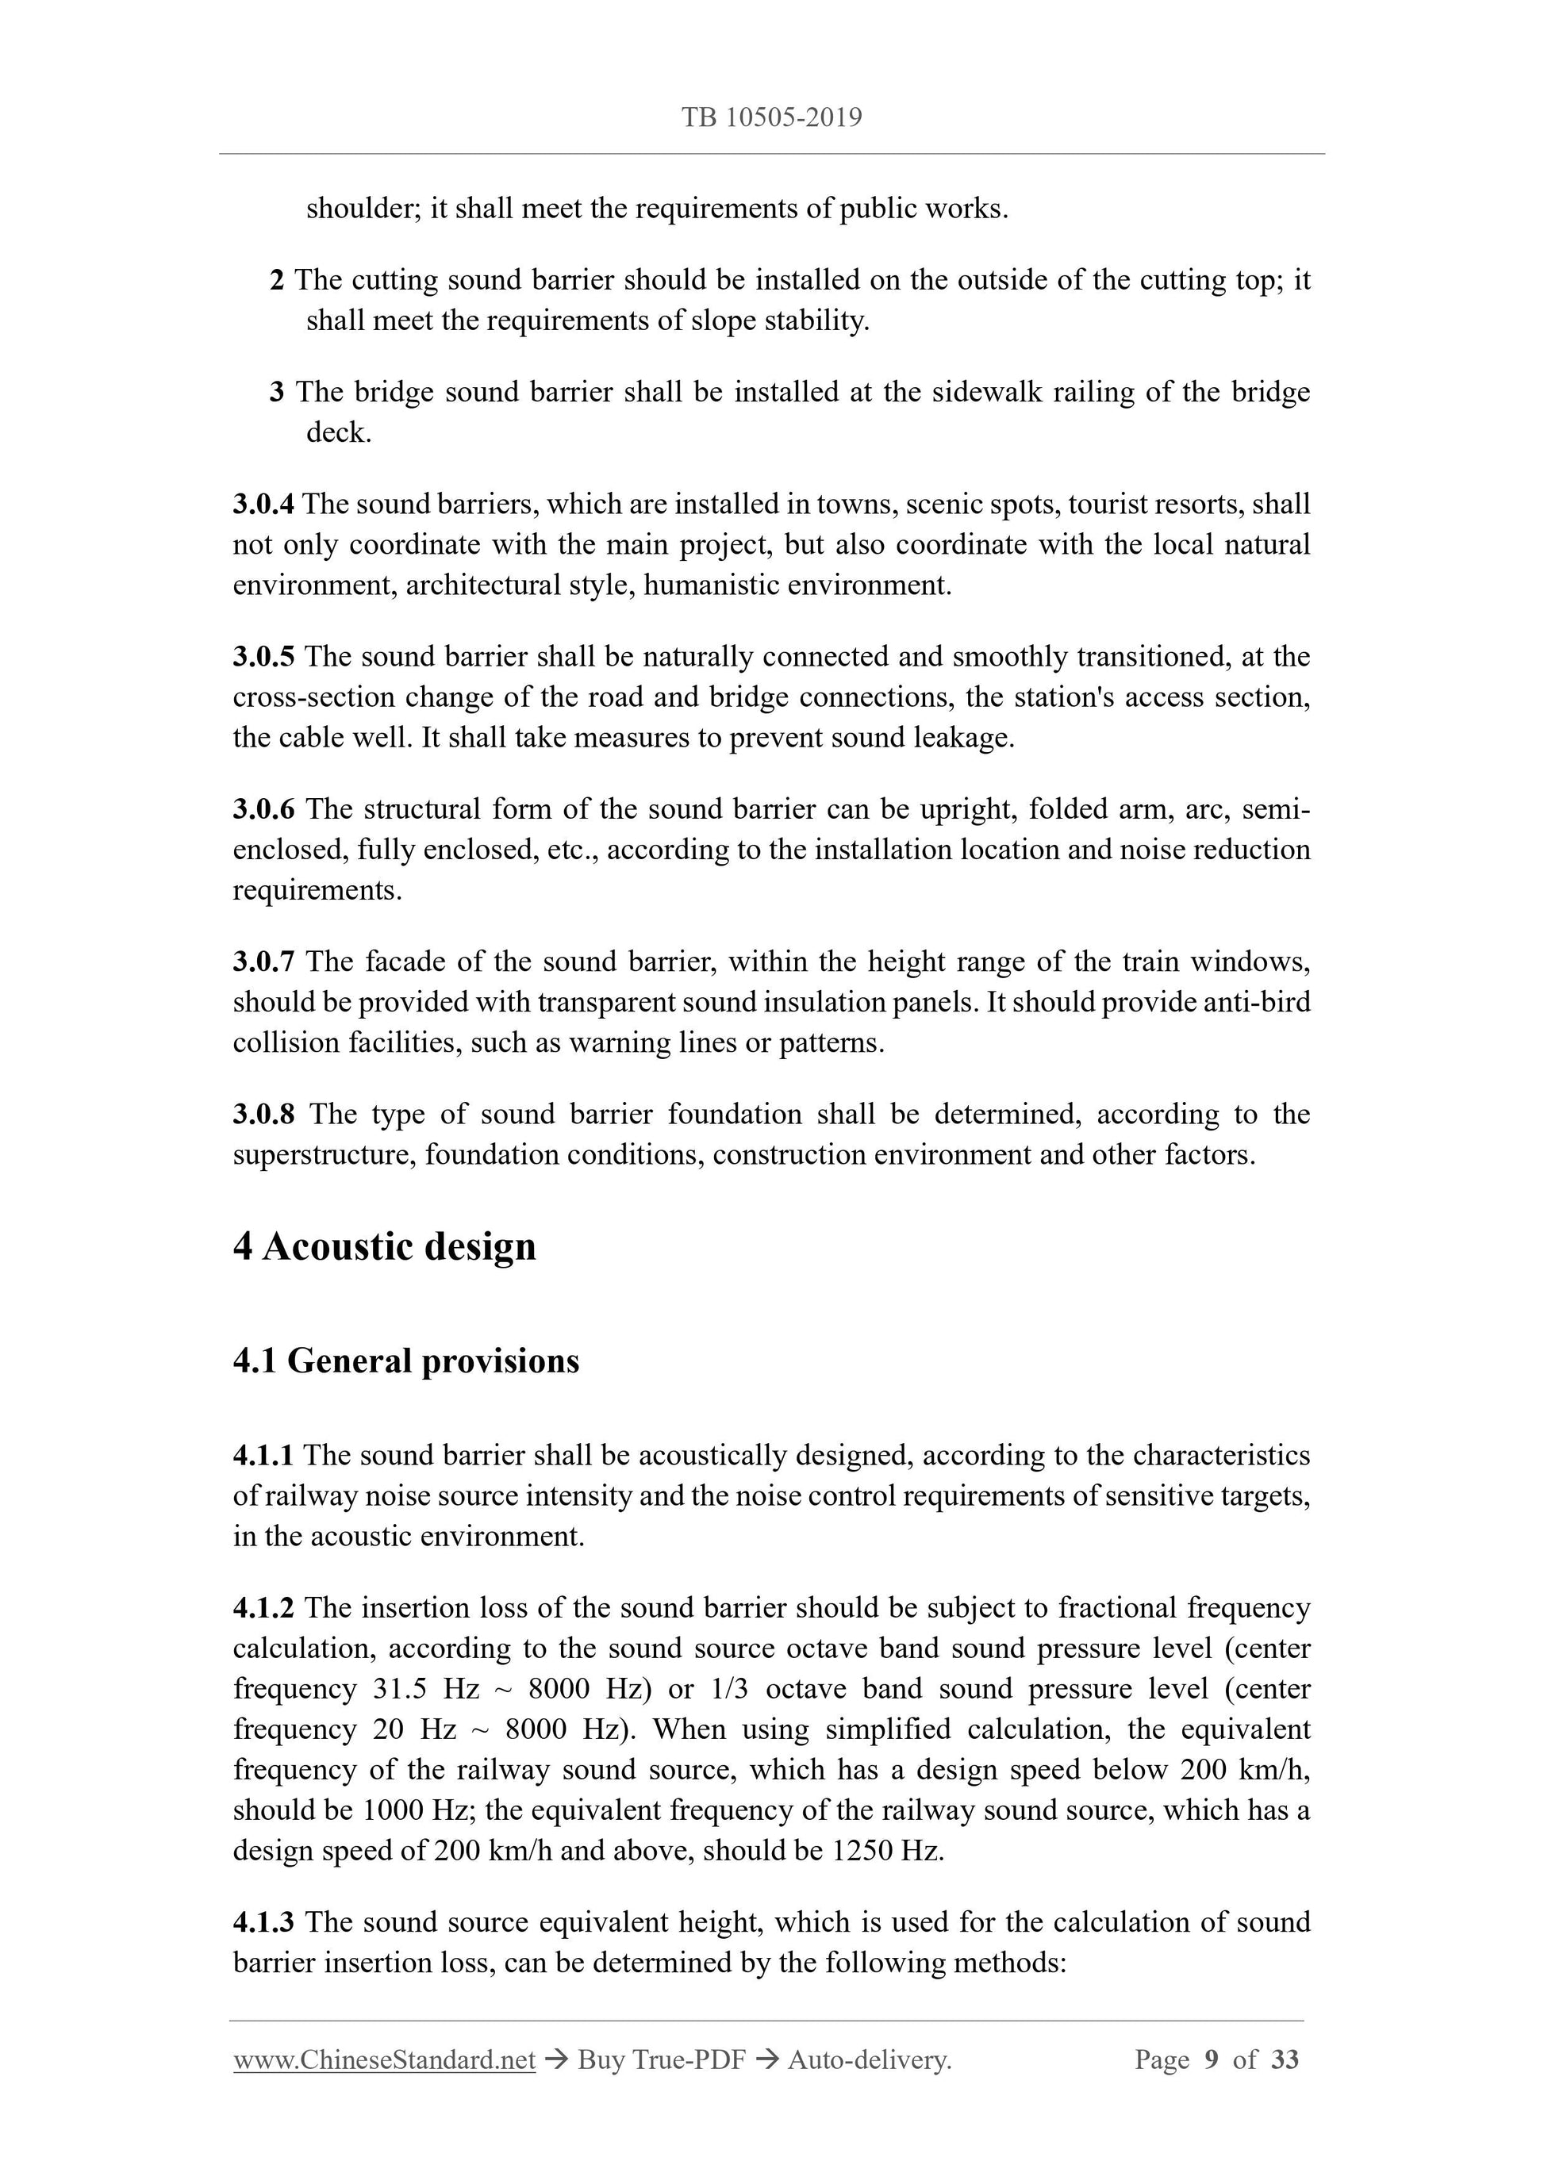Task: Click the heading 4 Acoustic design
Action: point(384,1247)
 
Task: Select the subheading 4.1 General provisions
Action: point(406,1361)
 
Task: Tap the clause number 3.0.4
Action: point(263,504)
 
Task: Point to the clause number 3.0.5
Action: point(263,656)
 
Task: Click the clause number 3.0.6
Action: point(263,809)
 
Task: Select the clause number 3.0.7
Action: point(263,961)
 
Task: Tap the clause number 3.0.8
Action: point(263,1114)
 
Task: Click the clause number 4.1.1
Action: point(263,1456)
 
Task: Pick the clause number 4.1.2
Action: point(263,1607)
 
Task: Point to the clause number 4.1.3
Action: point(263,1921)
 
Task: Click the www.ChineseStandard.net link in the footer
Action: point(384,2060)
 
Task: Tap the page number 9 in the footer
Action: point(1211,2060)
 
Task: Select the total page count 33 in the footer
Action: point(1285,2060)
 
